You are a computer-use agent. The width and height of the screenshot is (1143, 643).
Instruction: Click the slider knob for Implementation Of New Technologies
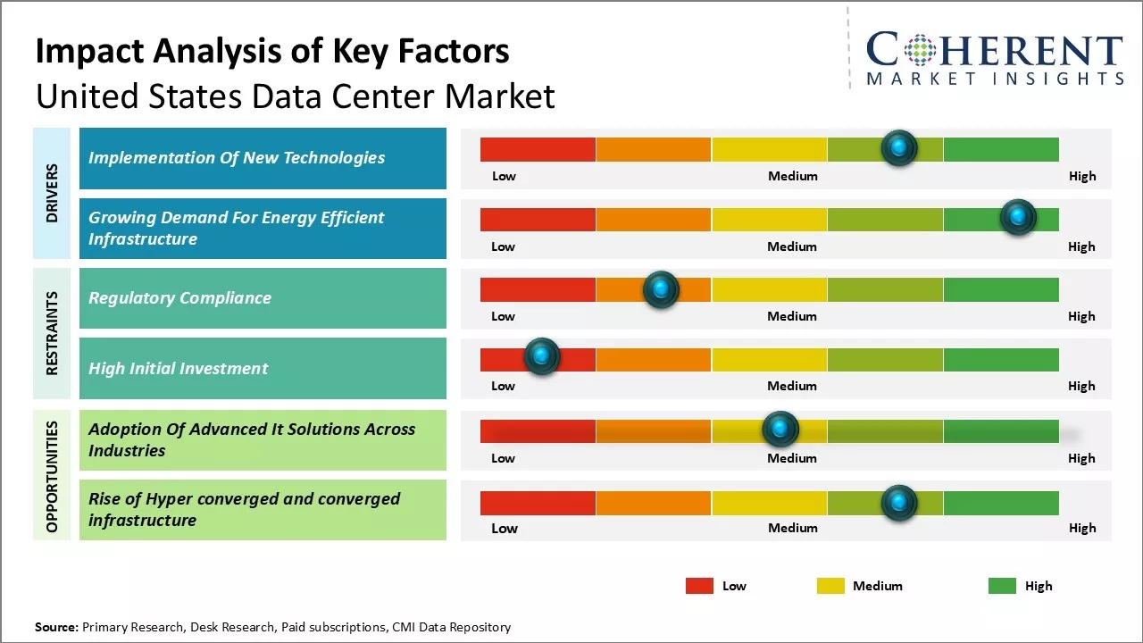(x=899, y=148)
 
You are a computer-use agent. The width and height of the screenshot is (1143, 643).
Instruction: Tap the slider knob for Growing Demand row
(x=1018, y=217)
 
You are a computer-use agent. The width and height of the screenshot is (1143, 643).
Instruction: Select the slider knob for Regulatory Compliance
(x=661, y=289)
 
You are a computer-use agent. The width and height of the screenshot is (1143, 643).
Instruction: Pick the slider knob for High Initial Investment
(x=541, y=356)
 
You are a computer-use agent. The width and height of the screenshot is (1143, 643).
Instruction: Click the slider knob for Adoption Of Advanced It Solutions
(x=780, y=430)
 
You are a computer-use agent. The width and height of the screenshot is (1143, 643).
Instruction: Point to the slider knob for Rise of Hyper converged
(x=899, y=503)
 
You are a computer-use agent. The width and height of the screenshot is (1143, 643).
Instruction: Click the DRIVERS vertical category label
(x=52, y=193)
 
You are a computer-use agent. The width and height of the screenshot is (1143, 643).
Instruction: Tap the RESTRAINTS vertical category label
(x=52, y=332)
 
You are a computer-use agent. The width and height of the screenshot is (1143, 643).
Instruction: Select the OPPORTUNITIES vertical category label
(x=52, y=476)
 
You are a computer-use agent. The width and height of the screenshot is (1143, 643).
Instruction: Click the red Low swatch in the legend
(x=699, y=586)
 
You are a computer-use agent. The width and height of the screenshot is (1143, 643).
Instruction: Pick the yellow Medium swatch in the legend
(x=830, y=586)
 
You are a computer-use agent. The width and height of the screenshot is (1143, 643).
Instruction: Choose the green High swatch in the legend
(x=1002, y=586)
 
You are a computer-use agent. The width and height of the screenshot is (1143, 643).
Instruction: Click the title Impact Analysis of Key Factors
(x=272, y=52)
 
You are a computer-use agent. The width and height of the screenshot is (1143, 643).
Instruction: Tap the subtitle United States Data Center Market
(x=296, y=96)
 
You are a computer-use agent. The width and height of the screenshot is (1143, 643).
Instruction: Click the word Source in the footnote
(x=56, y=627)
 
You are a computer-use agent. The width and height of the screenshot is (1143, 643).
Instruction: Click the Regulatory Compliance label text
(x=179, y=298)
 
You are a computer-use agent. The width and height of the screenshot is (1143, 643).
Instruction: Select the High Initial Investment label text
(x=179, y=368)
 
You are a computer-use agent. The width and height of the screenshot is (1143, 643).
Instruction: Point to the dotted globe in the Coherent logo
(x=919, y=50)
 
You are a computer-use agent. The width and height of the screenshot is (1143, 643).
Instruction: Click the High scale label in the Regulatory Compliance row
(x=1081, y=316)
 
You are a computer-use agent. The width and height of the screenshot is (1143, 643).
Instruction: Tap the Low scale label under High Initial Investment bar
(x=504, y=386)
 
